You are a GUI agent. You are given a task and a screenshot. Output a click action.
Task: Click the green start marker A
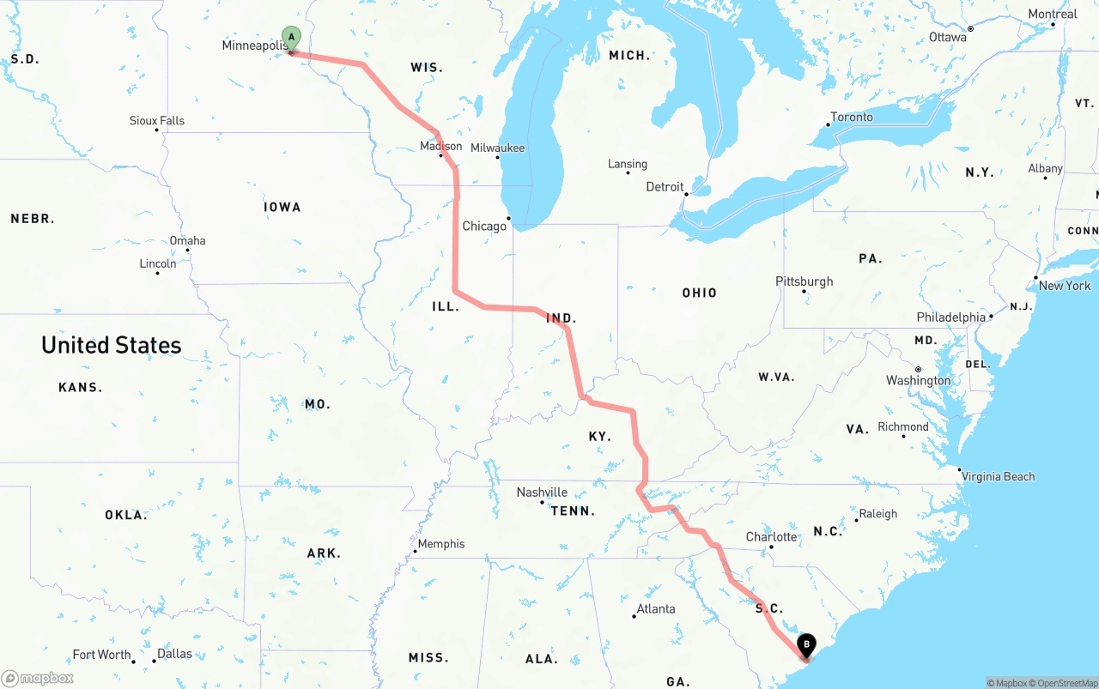291,38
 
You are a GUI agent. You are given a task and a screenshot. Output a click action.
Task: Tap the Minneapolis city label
253,45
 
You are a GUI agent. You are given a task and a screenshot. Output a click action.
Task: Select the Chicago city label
484,227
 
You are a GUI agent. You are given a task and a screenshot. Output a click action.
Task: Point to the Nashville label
542,493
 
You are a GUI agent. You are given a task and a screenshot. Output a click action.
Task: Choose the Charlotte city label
771,537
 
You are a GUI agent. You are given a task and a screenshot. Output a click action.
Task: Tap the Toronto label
852,118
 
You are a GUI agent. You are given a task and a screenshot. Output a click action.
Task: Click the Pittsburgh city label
804,281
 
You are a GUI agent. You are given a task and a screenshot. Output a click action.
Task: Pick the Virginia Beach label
998,477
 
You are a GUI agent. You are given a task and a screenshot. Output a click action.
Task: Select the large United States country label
112,345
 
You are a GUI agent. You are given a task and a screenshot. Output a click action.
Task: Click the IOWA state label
282,207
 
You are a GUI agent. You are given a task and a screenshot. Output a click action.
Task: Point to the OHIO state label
699,293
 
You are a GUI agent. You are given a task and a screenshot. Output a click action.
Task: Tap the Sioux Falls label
157,121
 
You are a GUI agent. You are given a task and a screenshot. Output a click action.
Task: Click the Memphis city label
441,544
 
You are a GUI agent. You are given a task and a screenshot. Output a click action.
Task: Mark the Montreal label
1052,15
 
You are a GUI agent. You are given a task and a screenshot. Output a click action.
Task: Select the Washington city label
918,381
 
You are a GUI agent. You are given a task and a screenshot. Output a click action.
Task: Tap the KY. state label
599,437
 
